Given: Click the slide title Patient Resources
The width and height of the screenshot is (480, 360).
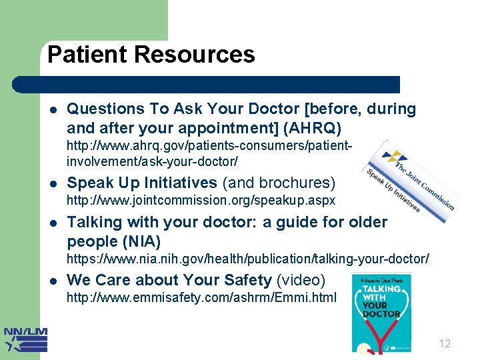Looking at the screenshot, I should (151, 55).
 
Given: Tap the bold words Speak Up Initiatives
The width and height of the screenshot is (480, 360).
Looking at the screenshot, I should (142, 183).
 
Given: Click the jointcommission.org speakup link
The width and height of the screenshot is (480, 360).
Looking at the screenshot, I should (201, 200).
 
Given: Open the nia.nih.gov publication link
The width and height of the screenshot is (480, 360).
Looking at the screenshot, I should (247, 258).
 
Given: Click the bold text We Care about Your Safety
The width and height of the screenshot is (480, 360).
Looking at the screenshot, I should (169, 280).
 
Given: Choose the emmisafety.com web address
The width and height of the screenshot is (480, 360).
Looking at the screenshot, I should (201, 297).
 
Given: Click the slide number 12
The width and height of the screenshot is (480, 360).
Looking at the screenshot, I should (445, 344).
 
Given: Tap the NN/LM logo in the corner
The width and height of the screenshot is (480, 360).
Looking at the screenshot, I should (25, 339).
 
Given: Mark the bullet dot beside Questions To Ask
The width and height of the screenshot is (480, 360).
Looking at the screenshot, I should (53, 109).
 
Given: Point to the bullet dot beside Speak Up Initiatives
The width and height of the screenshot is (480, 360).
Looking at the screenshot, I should (53, 183).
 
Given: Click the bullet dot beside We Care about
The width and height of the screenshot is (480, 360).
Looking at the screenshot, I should (53, 281).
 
